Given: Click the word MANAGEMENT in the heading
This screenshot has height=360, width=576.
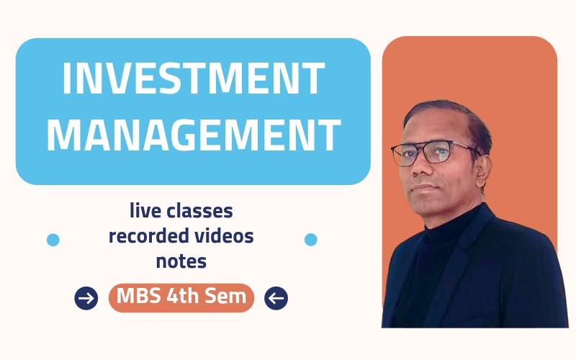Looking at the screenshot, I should pos(193,135).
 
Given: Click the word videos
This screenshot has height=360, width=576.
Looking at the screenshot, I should pos(223,235).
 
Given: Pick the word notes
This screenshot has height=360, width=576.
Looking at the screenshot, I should pos(181,260).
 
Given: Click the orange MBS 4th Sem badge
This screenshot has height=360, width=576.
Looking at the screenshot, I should pos(181,297).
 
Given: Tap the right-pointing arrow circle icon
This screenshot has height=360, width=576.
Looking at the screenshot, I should pos(86,297).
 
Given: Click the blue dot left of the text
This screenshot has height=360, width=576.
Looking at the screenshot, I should pos(53,240).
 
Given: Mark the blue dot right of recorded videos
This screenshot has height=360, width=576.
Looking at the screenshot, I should pos(311,240).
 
